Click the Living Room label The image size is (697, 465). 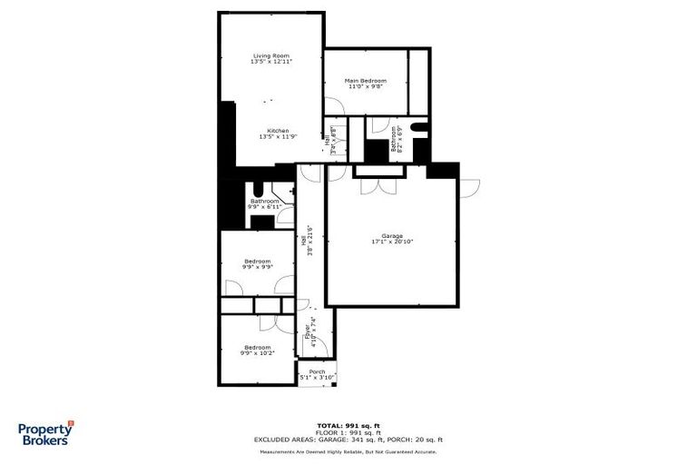271,56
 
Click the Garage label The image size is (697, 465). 392,235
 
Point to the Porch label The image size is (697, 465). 317,371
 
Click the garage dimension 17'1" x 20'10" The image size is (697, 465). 392,242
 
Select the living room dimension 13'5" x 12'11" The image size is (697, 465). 271,64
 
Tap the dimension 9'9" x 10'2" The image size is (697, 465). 257,353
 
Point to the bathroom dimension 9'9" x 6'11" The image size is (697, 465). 264,207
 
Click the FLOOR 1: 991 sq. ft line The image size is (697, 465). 348,433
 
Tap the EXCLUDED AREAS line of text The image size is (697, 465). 348,440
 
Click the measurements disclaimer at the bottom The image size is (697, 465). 348,450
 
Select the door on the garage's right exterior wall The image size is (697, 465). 470,186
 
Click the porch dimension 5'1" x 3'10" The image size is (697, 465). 317,378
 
